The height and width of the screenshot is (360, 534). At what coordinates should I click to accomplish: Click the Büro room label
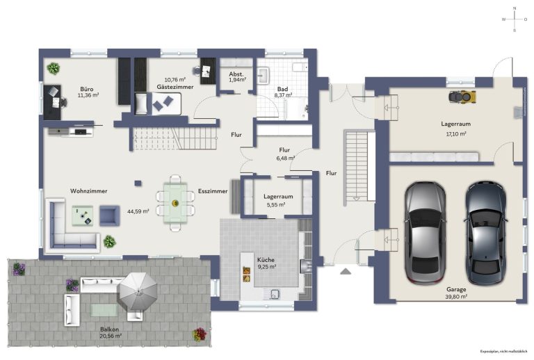(x=87, y=89)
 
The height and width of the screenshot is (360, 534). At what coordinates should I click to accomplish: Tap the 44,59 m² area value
(x=138, y=211)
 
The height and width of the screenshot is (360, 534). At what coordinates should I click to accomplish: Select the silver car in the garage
(x=425, y=233)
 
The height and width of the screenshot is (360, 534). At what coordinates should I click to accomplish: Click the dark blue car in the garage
(x=485, y=233)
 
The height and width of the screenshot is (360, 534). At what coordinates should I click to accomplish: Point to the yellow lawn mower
(x=462, y=97)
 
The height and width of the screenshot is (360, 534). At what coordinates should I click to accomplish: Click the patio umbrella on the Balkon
(x=137, y=291)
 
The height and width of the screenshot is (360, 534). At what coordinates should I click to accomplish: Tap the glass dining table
(x=175, y=203)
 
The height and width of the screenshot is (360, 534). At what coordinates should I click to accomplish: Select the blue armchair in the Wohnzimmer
(x=109, y=215)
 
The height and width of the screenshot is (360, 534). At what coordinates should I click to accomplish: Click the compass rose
(x=515, y=19)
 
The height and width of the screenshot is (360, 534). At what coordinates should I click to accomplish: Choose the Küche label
(x=266, y=260)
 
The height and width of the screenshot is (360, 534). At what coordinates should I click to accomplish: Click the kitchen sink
(x=273, y=295)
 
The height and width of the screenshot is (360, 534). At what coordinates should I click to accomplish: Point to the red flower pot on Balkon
(x=200, y=334)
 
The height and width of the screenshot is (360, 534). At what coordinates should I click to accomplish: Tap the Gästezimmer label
(x=175, y=87)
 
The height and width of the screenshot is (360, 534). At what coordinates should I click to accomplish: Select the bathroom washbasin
(x=264, y=75)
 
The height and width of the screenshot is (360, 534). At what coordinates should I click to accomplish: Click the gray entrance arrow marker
(x=346, y=271)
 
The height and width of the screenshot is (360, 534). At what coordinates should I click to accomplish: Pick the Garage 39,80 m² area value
(x=456, y=297)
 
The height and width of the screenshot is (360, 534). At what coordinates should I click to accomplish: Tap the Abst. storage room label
(x=236, y=74)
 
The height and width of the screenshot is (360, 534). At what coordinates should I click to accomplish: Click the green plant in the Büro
(x=54, y=68)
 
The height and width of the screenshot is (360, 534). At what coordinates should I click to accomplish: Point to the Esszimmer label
(x=213, y=191)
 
